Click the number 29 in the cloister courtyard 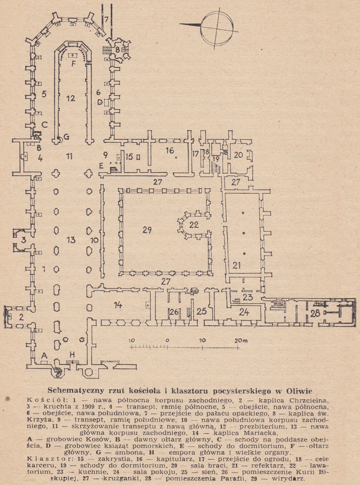point(147,230)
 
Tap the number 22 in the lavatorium point(194,225)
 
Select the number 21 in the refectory point(237,266)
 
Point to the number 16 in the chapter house point(169,151)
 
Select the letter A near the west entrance point(44,355)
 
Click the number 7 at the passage point(106,19)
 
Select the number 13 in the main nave point(71,240)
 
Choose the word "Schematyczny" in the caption point(70,391)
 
